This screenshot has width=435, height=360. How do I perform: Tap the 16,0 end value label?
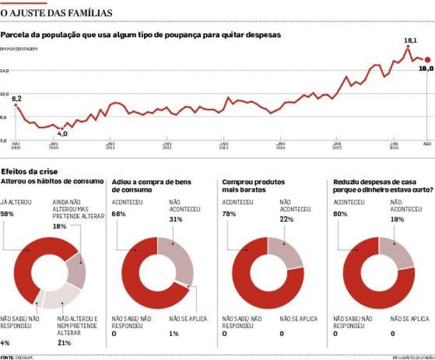point(426,68)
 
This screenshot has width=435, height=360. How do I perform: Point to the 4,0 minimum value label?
point(62,134)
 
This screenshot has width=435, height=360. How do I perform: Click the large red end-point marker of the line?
point(427,60)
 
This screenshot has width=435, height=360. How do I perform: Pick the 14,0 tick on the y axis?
point(6,71)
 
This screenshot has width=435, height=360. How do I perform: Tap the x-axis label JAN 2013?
point(223,146)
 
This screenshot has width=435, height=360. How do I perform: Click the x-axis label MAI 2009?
point(16,146)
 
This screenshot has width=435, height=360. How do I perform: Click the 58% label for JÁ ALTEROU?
point(8,214)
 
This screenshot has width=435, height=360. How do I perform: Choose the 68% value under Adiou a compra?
point(119,214)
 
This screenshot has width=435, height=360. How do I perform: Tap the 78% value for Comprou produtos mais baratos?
point(230,214)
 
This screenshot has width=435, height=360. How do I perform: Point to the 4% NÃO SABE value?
point(6,343)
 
